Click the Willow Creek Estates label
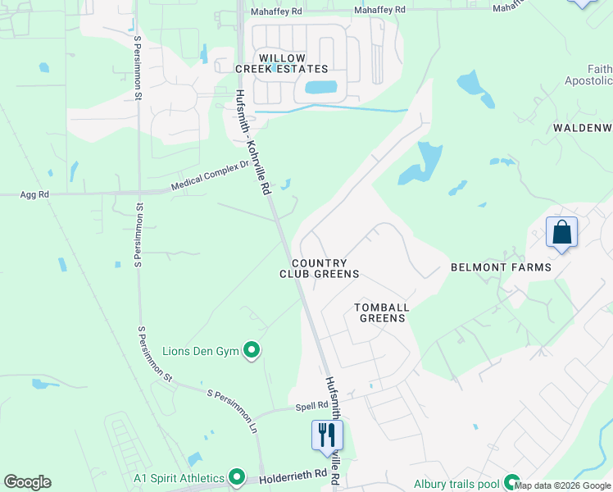coord(293,64)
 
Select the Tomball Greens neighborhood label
coord(381,312)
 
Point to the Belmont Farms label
coord(500,268)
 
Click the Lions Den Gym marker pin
coord(252,352)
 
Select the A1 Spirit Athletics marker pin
coord(237,476)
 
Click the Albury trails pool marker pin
coord(512,483)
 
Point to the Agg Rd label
coord(35,195)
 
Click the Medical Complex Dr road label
coord(210,176)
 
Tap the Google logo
coord(27,482)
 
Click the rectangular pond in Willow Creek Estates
coord(320,87)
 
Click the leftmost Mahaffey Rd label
coord(276,11)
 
